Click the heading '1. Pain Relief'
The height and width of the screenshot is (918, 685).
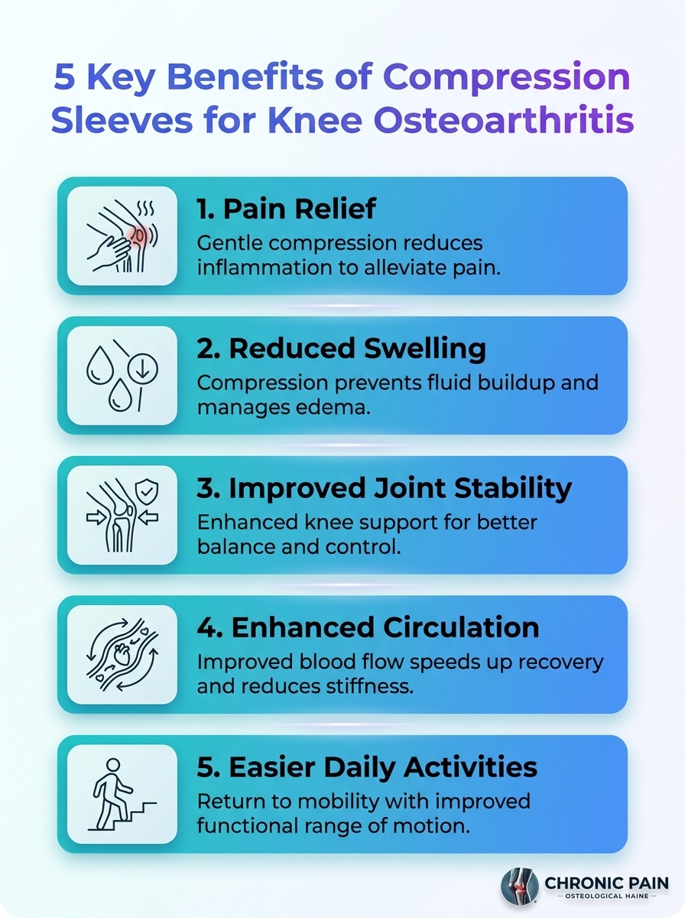(287, 209)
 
